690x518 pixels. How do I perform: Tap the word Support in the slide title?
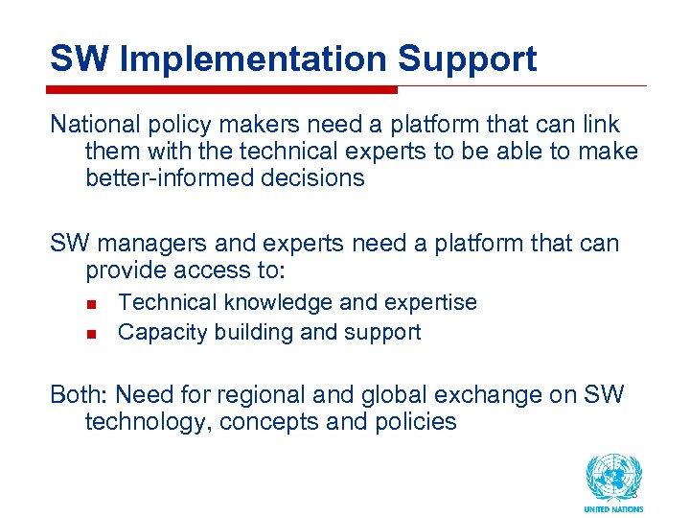click(x=467, y=59)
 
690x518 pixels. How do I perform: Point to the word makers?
click(x=243, y=125)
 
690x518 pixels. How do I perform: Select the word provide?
click(x=126, y=271)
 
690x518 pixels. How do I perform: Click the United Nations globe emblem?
click(x=613, y=477)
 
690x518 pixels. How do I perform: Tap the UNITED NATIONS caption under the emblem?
click(x=613, y=509)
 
